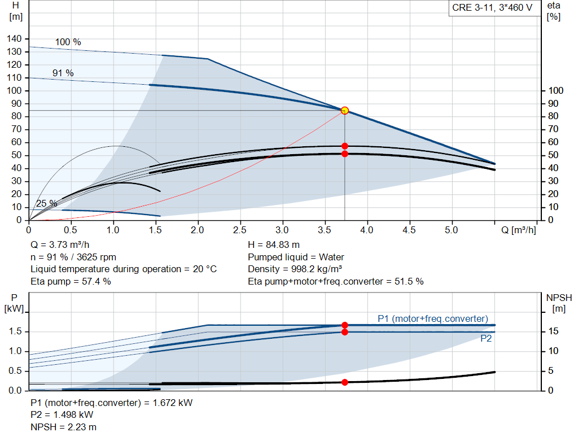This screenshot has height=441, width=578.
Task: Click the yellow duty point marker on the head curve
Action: click(345, 111)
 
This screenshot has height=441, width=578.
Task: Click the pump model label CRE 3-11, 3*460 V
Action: click(492, 8)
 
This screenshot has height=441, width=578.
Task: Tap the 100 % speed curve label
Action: click(68, 42)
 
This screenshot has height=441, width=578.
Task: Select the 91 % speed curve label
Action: click(63, 73)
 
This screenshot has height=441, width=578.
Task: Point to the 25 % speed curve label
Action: click(46, 203)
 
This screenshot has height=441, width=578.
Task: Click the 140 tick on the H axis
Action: click(15, 39)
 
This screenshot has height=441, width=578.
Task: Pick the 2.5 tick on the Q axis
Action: click(240, 230)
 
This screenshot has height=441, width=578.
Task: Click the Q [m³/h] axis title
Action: click(518, 230)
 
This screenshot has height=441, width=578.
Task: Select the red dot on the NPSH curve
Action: click(345, 382)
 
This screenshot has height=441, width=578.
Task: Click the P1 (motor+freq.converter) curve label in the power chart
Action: click(433, 318)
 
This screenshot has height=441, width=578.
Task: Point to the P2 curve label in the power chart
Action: click(486, 339)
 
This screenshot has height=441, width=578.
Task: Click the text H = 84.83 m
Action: click(274, 245)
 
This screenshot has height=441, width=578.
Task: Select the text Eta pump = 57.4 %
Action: click(71, 281)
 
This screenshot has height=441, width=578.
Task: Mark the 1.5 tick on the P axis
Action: click(15, 331)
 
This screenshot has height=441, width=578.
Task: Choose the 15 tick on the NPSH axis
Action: click(554, 331)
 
